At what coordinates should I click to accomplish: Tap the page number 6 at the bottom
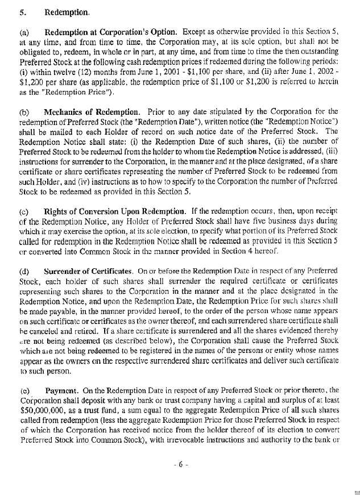click(x=179, y=465)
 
